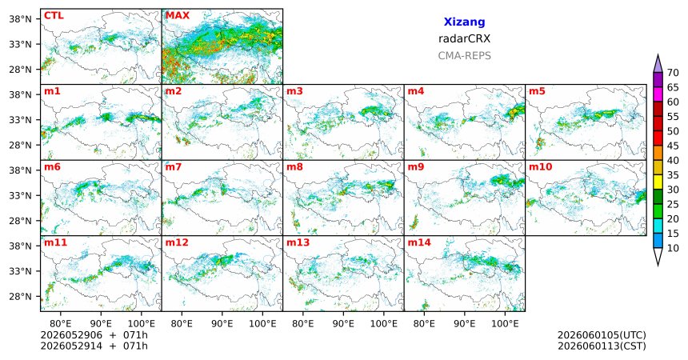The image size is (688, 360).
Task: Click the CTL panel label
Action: tap(54, 16)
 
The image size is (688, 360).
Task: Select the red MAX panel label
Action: tap(178, 16)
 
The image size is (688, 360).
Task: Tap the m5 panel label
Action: tap(537, 91)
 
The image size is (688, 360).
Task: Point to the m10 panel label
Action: tap(540, 167)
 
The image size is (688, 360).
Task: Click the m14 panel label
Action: tap(419, 242)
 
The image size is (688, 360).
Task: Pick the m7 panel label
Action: tap(174, 167)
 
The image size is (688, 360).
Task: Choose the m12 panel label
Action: tap(176, 242)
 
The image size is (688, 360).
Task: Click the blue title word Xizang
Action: tap(464, 22)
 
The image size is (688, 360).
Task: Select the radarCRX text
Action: tap(464, 38)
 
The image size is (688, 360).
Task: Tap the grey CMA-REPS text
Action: tap(464, 56)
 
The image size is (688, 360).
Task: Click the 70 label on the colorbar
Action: tap(673, 73)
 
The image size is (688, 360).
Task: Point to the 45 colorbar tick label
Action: tap(673, 146)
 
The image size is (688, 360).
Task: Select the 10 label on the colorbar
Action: tap(673, 248)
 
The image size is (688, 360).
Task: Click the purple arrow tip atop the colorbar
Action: tap(658, 55)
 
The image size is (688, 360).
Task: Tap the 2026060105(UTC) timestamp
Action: tap(602, 335)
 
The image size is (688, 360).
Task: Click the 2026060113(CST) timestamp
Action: tap(602, 346)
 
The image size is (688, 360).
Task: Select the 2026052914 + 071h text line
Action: tap(94, 346)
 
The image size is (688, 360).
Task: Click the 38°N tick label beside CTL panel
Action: tap(21, 19)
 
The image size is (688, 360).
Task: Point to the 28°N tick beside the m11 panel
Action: tap(21, 296)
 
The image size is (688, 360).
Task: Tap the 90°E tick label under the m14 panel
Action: tap(464, 324)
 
